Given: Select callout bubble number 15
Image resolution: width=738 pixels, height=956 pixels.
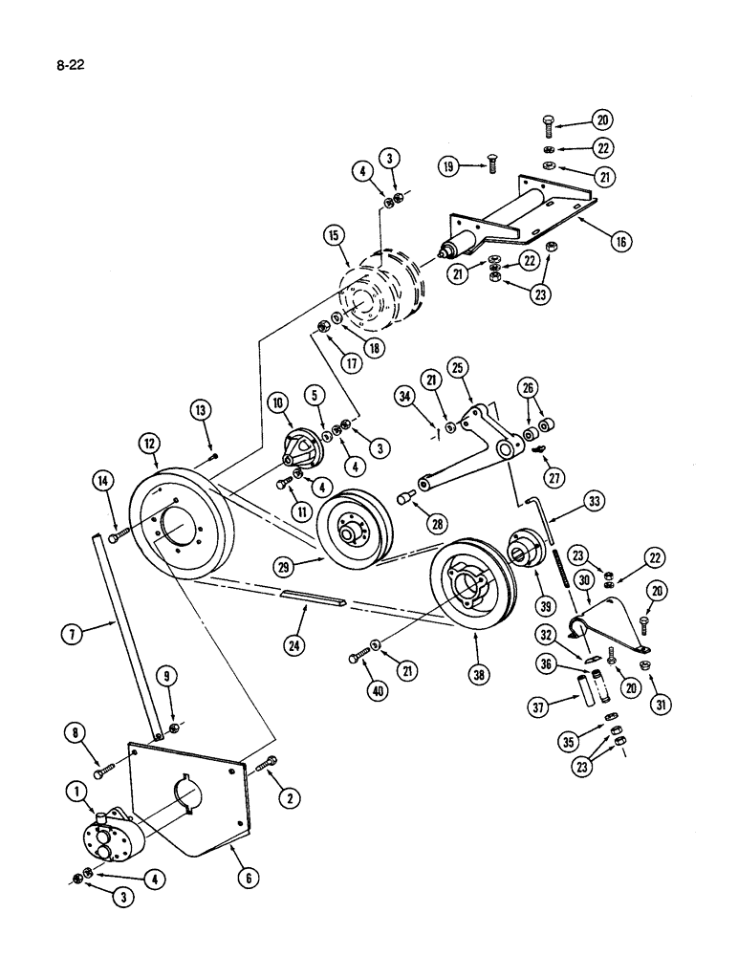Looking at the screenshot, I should [334, 233].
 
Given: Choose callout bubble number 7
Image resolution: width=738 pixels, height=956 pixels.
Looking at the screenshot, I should [71, 632].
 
